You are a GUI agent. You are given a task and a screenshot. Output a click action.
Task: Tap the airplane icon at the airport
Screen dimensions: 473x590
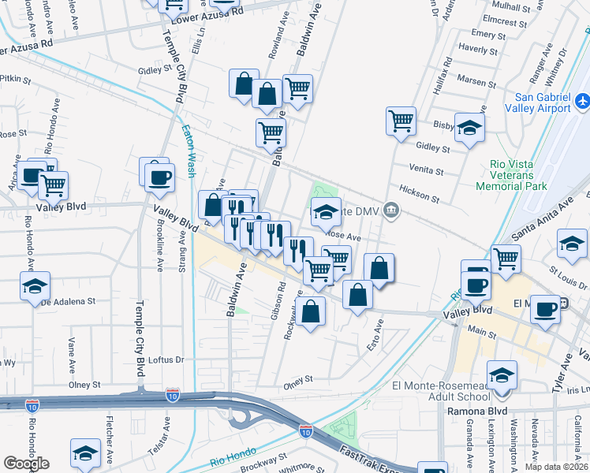pos(583,102)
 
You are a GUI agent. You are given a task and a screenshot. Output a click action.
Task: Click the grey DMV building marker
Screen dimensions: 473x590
pos(391,210)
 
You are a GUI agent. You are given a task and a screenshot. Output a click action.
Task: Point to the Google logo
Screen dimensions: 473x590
pos(26,463)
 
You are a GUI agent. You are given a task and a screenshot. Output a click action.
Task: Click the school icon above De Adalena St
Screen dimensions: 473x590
pos(35,287)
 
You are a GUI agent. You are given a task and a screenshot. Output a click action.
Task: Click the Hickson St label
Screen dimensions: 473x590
pos(419,194)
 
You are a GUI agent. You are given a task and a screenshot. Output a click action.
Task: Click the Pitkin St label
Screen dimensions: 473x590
pos(15,80)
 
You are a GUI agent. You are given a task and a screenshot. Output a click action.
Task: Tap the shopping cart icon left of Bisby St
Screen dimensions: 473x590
pos(401,121)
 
